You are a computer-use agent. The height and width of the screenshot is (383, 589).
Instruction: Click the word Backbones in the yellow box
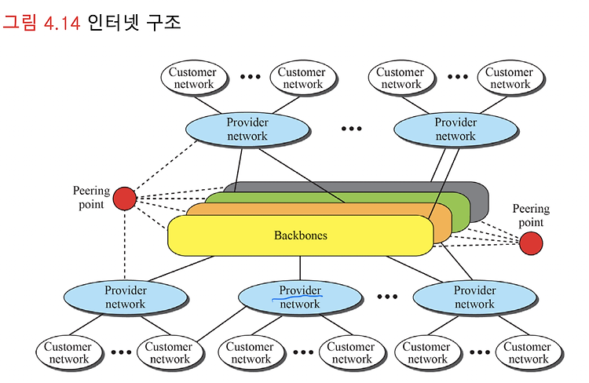[301, 235]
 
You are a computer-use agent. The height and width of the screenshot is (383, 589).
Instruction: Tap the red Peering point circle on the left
[125, 199]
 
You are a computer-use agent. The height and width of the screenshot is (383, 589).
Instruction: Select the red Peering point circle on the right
[531, 243]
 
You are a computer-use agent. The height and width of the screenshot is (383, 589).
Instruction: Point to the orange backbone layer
[442, 225]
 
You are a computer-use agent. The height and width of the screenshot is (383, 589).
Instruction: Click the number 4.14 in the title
[62, 24]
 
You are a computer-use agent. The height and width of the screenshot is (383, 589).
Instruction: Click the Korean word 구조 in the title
[163, 23]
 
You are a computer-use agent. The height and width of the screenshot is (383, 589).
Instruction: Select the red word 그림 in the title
[20, 23]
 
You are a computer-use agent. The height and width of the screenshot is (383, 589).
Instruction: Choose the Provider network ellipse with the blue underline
[300, 297]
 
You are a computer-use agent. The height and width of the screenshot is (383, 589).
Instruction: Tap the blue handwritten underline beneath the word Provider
[297, 297]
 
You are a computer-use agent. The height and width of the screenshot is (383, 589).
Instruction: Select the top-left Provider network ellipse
[247, 129]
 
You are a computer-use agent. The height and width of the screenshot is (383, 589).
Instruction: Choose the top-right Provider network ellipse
[455, 129]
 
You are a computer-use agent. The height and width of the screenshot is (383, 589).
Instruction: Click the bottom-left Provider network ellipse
[126, 297]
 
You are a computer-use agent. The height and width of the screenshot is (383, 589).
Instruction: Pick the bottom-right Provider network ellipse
[475, 297]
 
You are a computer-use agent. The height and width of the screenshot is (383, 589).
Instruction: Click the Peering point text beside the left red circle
[91, 198]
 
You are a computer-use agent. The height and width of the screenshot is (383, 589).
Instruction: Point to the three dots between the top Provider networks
[352, 129]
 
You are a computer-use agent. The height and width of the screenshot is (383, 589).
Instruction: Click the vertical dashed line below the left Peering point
[125, 245]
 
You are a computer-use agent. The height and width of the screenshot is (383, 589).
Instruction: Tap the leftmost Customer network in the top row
[194, 78]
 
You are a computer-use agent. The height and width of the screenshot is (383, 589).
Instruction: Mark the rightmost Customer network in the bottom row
[529, 352]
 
